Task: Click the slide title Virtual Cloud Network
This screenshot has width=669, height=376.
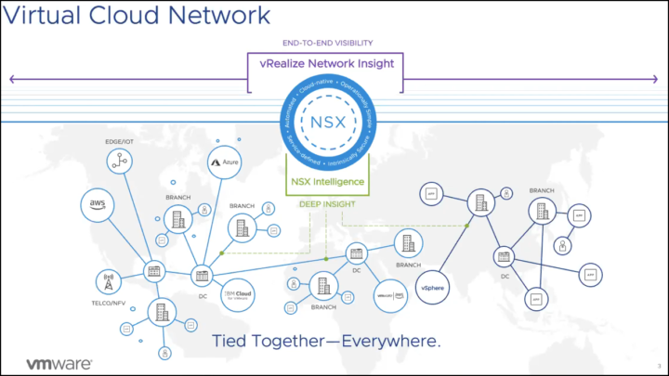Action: (138, 17)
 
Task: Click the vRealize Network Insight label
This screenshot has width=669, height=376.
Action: (325, 63)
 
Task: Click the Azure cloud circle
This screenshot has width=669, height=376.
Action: (225, 162)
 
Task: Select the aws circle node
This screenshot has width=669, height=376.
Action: (97, 204)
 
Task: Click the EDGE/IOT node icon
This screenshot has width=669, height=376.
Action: (120, 162)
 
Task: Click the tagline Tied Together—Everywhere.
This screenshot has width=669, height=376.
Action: (325, 340)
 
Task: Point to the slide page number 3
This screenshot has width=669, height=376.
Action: (658, 364)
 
